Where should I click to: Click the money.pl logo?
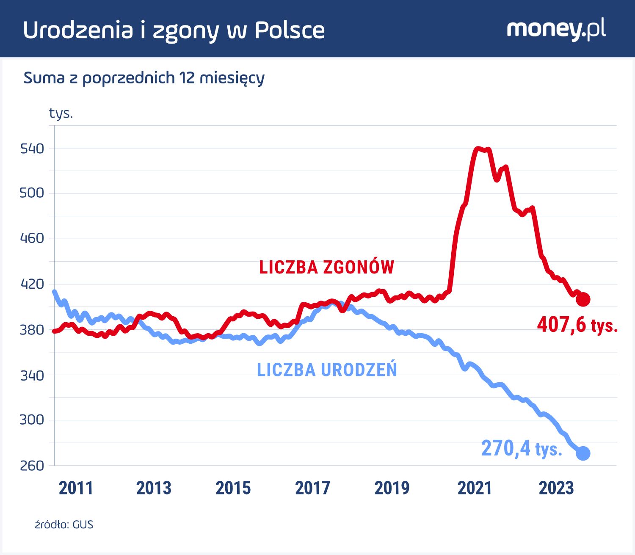(556, 29)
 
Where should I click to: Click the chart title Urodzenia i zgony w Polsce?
(174, 30)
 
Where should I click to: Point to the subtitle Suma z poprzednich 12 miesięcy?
(144, 78)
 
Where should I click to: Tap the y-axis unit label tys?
(61, 113)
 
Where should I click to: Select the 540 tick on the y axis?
(32, 149)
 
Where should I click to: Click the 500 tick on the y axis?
(32, 193)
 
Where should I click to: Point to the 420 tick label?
(32, 284)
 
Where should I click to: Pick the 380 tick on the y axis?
(32, 330)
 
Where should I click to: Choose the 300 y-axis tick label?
(32, 420)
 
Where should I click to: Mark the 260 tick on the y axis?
(32, 466)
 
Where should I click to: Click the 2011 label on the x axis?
(76, 488)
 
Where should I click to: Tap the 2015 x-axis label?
(233, 488)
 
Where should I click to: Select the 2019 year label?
(392, 488)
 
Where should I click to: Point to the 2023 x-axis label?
(556, 488)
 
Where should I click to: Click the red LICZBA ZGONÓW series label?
(326, 267)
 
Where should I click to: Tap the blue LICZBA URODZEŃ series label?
(327, 370)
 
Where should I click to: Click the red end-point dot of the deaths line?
(583, 299)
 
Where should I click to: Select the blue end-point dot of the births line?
(583, 453)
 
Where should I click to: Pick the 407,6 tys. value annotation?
(577, 325)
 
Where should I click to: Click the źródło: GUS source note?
(64, 525)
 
